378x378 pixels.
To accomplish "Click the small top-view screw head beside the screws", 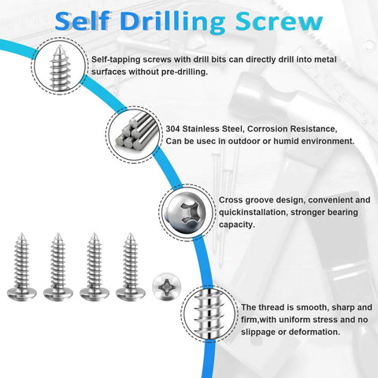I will coord(165,286).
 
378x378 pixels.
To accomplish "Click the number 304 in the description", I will coord(175,128).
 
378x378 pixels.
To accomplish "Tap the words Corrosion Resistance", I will coord(295,128).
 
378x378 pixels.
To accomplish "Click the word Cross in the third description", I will coord(232,200).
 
